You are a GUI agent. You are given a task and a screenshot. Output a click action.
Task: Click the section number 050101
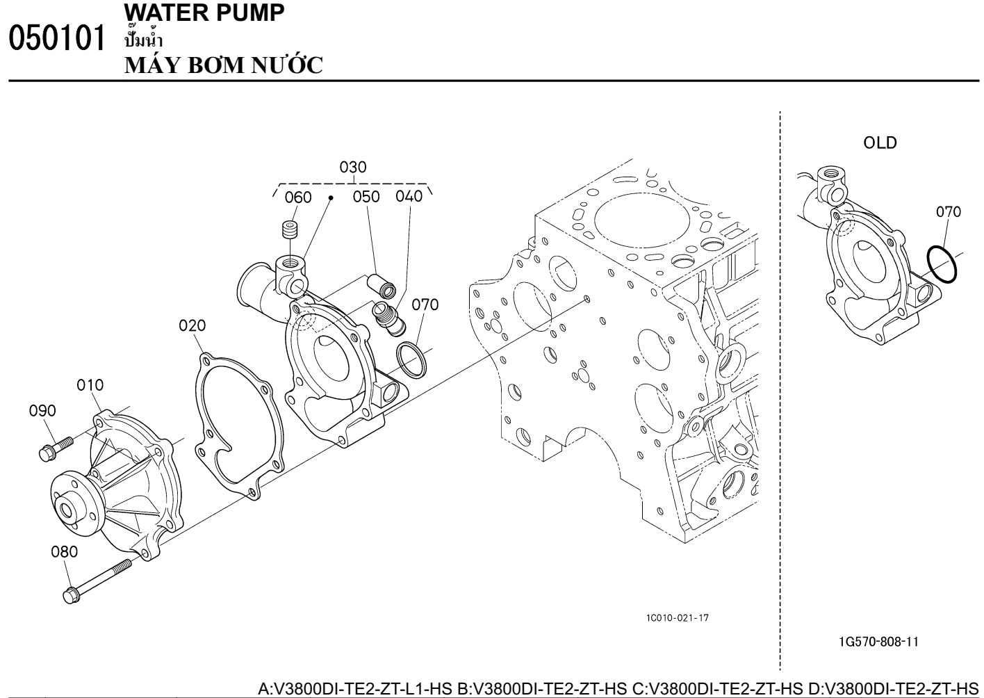pyautogui.click(x=57, y=38)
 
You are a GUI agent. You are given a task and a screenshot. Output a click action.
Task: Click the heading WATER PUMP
pyautogui.click(x=205, y=13)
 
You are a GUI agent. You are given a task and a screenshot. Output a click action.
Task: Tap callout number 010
pyautogui.click(x=90, y=385)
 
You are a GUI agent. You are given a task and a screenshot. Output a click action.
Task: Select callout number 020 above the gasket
pyautogui.click(x=192, y=325)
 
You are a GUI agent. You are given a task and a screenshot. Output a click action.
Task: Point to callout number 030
pyautogui.click(x=353, y=167)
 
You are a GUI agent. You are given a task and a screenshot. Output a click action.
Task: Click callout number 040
pyautogui.click(x=409, y=196)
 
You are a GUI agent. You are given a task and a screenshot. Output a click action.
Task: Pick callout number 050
pyautogui.click(x=366, y=197)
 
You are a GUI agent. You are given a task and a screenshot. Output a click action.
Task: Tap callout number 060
pyautogui.click(x=298, y=197)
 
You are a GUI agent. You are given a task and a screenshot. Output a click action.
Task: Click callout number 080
pyautogui.click(x=65, y=551)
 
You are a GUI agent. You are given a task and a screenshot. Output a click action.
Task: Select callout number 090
pyautogui.click(x=42, y=411)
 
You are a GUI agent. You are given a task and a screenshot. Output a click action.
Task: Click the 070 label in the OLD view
pyautogui.click(x=949, y=212)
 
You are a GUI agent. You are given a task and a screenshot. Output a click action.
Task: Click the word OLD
pyautogui.click(x=880, y=143)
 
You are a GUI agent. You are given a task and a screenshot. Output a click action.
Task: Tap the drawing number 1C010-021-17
pyautogui.click(x=678, y=617)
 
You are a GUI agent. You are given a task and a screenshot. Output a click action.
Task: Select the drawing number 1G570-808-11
pyautogui.click(x=878, y=642)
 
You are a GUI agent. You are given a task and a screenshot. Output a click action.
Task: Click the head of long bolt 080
pyautogui.click(x=72, y=595)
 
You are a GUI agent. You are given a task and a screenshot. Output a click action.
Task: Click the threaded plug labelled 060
pyautogui.click(x=288, y=230)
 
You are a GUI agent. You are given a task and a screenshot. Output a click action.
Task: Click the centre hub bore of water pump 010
pyautogui.click(x=67, y=511)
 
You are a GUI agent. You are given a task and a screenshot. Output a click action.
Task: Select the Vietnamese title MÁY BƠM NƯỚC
pyautogui.click(x=224, y=65)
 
